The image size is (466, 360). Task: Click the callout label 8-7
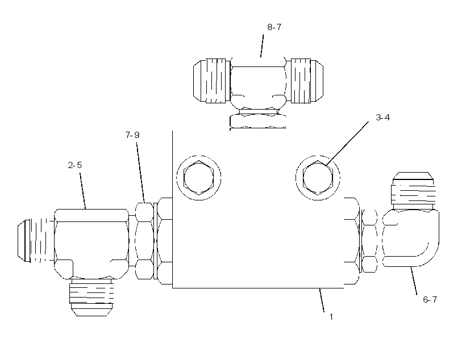[274, 27]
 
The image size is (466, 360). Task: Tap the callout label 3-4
[383, 118]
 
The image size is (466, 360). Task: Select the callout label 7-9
[132, 135]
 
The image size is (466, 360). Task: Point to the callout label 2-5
[75, 165]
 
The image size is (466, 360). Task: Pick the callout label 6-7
[430, 299]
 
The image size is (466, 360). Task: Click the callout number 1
[331, 317]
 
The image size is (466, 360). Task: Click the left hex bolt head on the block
[198, 178]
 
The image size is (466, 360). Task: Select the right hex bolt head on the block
[318, 178]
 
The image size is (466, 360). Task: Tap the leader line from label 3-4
[347, 144]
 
